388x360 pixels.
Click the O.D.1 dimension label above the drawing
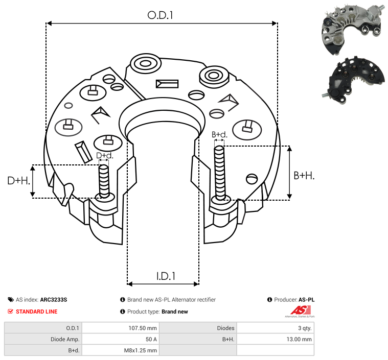[160, 15]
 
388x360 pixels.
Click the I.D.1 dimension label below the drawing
[166, 276]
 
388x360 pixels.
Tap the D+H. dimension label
[19, 181]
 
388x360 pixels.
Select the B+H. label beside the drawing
[304, 176]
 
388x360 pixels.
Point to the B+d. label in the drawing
[219, 134]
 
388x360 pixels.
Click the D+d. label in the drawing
[105, 156]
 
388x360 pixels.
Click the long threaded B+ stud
[220, 173]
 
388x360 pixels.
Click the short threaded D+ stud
[104, 181]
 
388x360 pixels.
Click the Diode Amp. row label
[65, 339]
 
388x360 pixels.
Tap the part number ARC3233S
[54, 300]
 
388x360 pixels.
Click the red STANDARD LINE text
[37, 311]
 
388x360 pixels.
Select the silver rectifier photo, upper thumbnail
[353, 29]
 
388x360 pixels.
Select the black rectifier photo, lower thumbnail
[353, 80]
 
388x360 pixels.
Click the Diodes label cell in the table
[225, 328]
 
